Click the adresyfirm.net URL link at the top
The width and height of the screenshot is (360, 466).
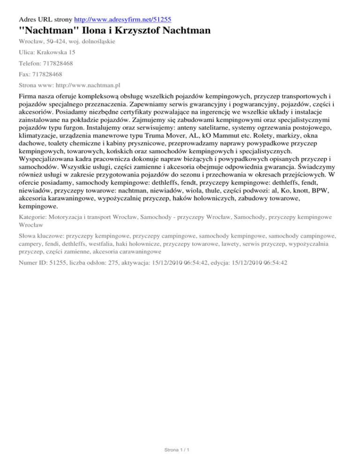(x=119, y=20)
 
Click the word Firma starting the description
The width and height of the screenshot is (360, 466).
(x=29, y=98)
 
